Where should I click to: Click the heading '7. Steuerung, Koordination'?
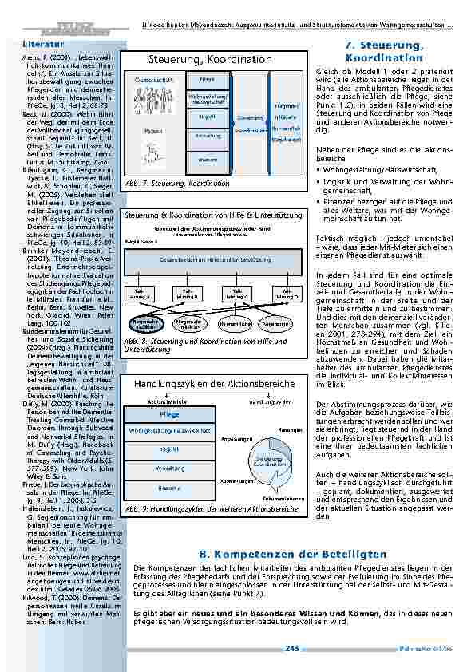383,53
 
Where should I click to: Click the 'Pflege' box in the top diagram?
206,81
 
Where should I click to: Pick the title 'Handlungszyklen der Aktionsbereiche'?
210,385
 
